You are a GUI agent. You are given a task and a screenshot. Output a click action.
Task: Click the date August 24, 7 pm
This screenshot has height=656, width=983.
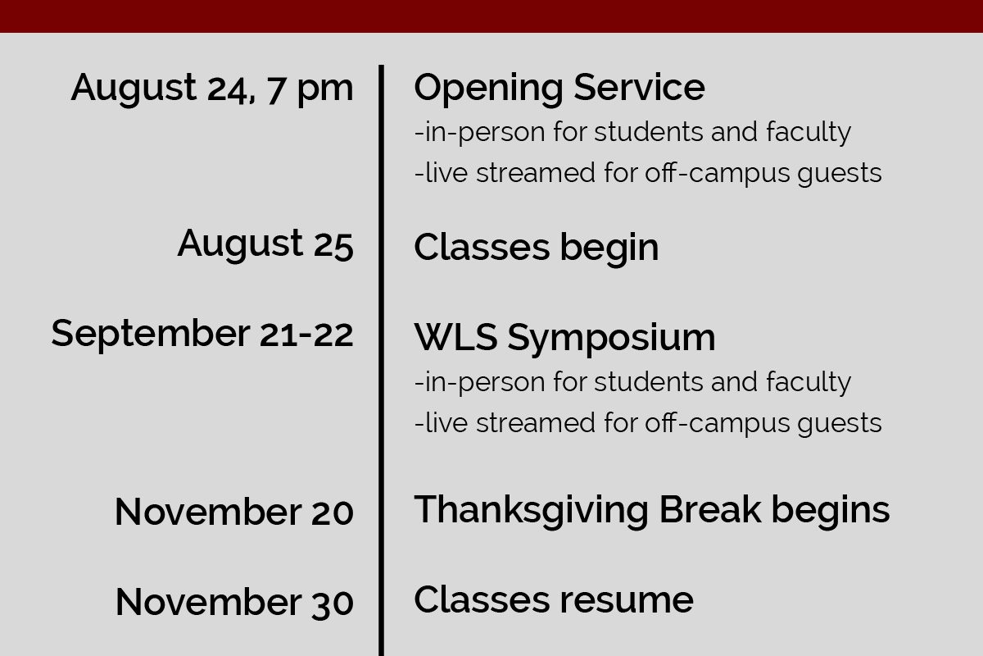click(x=212, y=89)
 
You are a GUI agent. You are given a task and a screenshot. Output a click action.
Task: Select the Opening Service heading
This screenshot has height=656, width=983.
click(x=559, y=89)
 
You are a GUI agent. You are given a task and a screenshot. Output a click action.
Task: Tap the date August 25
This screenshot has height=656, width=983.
click(x=265, y=244)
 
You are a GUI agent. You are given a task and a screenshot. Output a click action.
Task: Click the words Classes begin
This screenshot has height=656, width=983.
click(x=537, y=249)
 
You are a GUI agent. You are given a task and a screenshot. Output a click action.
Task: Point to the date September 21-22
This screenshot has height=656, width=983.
click(x=202, y=335)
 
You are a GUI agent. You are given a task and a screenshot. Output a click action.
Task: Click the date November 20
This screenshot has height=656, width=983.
click(x=234, y=512)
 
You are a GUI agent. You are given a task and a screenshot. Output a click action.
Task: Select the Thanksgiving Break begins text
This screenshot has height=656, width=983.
click(x=652, y=512)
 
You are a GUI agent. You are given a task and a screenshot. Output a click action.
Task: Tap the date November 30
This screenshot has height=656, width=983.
click(x=234, y=603)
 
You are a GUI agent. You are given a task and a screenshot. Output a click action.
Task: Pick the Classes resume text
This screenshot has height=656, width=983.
click(x=554, y=599)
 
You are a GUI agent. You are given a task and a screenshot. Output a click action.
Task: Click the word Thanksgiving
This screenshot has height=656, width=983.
click(x=531, y=512)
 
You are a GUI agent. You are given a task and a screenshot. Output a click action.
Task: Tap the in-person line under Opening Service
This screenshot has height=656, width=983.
click(x=632, y=133)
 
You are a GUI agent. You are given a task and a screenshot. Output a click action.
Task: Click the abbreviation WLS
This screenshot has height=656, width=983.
click(x=456, y=337)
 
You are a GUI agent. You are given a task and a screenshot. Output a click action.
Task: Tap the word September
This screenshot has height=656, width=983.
click(x=151, y=335)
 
